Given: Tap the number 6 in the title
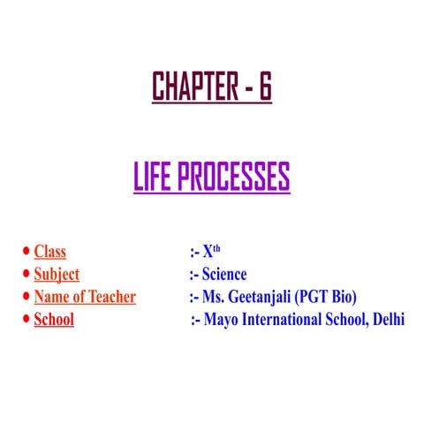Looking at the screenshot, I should (x=264, y=87).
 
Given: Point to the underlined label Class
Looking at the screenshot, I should (x=49, y=253).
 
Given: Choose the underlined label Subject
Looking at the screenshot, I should (x=57, y=275).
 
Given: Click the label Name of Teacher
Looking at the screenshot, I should (x=85, y=297).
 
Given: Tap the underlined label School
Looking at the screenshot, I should (x=54, y=319).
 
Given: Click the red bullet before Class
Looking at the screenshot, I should (x=26, y=254).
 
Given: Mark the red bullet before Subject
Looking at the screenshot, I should (x=26, y=276).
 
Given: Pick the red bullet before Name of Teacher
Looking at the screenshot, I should (x=26, y=298).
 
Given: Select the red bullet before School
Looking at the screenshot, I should (x=26, y=320).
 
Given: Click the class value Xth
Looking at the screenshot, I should (x=211, y=252).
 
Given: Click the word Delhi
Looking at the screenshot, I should (x=386, y=319).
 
